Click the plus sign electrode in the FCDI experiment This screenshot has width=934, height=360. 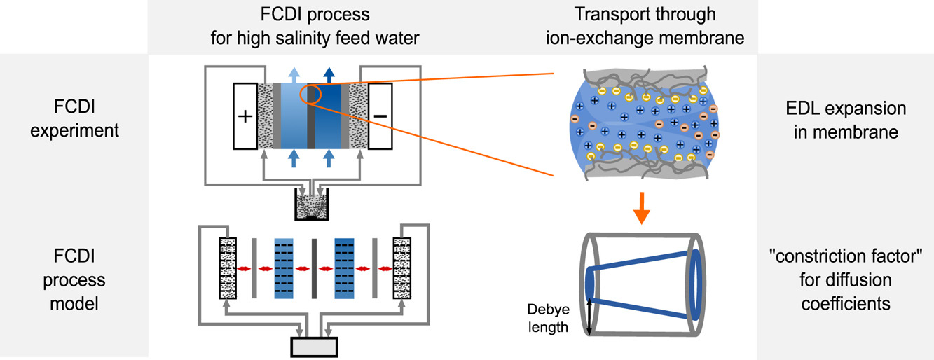[245, 116]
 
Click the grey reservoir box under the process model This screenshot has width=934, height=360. [314, 347]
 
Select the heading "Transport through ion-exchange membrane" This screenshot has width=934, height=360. [654, 26]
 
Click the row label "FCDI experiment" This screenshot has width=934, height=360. [75, 120]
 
